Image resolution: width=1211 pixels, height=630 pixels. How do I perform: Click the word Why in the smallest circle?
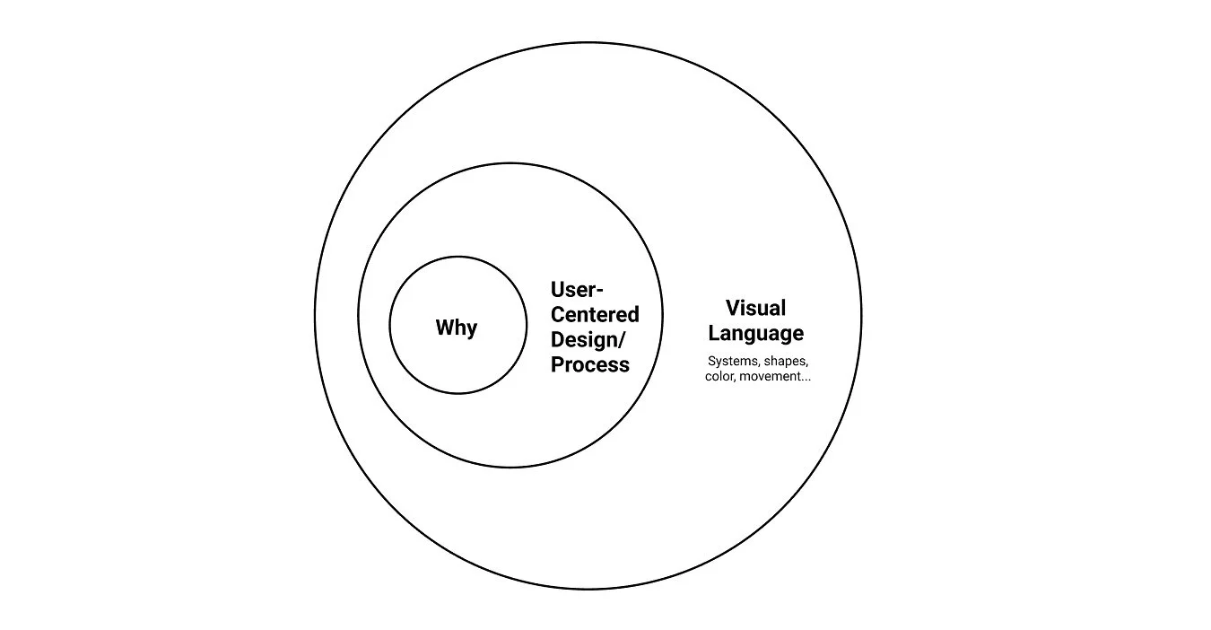coord(457,328)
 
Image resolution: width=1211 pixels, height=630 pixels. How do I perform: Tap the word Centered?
coord(595,315)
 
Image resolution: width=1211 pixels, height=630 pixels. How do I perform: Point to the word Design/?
coord(588,340)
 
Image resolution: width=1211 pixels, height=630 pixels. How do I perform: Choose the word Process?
coord(589,364)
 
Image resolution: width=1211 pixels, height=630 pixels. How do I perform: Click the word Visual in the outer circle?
coord(755,308)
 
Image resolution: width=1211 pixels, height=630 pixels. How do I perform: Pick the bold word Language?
coord(755,334)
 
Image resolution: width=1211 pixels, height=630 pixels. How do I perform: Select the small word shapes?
coord(787,362)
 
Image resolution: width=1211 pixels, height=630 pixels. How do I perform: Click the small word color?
coord(719,377)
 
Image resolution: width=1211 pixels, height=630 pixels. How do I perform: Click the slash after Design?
coord(623,340)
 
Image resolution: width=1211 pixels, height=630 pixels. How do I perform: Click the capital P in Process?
coord(557,364)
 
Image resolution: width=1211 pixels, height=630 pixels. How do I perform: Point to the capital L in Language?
coord(714,333)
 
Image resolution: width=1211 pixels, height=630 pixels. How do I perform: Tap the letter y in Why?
coord(472,329)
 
